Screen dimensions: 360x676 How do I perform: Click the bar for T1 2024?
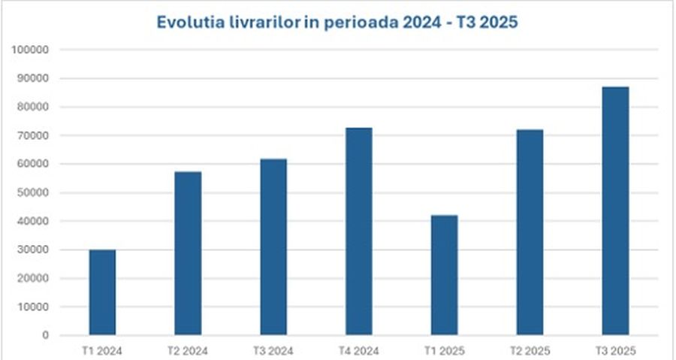click(x=102, y=292)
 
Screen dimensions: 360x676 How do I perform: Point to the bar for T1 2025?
click(x=445, y=275)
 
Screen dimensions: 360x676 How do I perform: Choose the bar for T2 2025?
click(x=530, y=232)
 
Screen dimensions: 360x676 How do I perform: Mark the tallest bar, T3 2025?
click(x=616, y=210)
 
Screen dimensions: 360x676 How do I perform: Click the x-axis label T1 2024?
click(x=102, y=350)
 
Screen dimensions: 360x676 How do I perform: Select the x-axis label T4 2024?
click(x=359, y=350)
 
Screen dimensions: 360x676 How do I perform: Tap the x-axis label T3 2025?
click(x=616, y=350)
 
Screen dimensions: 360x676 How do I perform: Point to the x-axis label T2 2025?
click(x=530, y=350)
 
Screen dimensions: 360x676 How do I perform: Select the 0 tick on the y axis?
click(x=46, y=335)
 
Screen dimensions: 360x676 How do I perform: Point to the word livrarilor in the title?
click(x=262, y=22)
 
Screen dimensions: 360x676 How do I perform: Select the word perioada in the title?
click(x=358, y=22)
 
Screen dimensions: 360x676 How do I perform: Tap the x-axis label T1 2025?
click(x=445, y=350)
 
